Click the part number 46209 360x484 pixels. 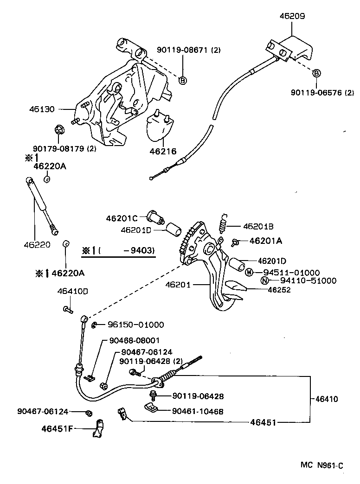pos(292,17)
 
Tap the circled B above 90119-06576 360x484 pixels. pos(316,73)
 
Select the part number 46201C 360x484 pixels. pos(122,218)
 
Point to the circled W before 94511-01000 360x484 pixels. pos(249,272)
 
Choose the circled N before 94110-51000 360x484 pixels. pos(264,280)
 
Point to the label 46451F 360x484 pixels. pos(58,428)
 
